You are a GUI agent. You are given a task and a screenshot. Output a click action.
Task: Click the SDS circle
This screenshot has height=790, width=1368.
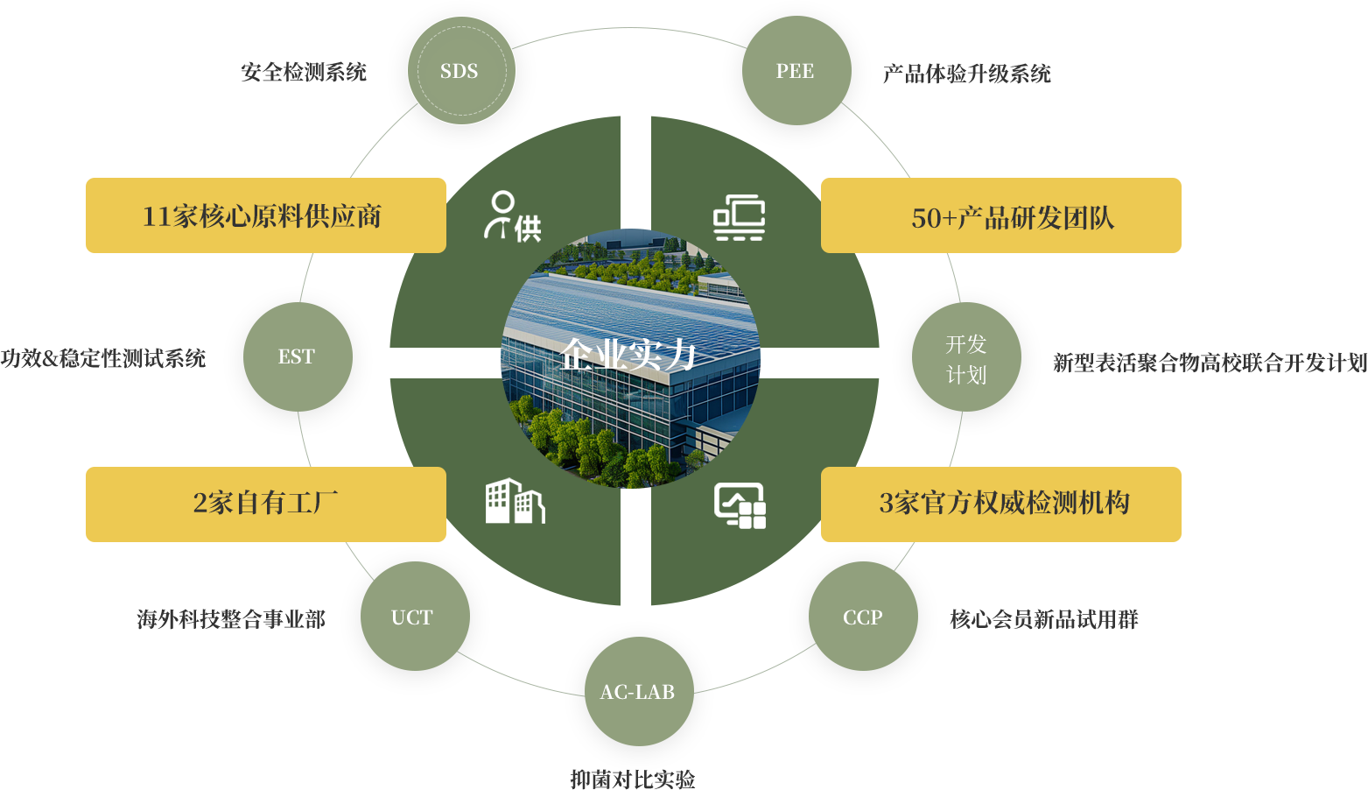pyautogui.click(x=461, y=71)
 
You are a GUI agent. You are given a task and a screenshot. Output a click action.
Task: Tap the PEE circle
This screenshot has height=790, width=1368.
pyautogui.click(x=796, y=71)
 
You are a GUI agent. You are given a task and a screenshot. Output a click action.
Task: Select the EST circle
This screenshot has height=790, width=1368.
pyautogui.click(x=298, y=356)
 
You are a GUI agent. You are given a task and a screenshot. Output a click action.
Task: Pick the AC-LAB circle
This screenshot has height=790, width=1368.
pyautogui.click(x=639, y=692)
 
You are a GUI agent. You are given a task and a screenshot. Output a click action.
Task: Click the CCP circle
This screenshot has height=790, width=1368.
pyautogui.click(x=863, y=617)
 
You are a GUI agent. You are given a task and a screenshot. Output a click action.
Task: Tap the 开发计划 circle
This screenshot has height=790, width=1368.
pyautogui.click(x=966, y=357)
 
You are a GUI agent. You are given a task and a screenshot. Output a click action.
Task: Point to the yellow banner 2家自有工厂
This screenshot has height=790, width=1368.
pyautogui.click(x=265, y=504)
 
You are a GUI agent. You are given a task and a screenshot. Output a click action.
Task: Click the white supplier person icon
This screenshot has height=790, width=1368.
pyautogui.click(x=512, y=216)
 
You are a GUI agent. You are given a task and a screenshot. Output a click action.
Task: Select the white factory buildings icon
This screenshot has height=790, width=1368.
pyautogui.click(x=515, y=502)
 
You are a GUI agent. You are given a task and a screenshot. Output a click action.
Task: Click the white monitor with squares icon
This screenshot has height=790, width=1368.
pyautogui.click(x=740, y=505)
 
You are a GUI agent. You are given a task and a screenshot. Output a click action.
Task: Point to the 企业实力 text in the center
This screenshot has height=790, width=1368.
pyautogui.click(x=629, y=355)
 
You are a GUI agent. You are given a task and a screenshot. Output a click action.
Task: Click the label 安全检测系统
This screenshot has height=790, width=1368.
pyautogui.click(x=304, y=72)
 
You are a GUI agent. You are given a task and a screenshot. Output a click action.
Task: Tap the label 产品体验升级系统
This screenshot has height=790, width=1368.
pyautogui.click(x=966, y=74)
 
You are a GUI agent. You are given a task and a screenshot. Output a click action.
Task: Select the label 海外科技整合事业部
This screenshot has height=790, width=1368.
pyautogui.click(x=231, y=619)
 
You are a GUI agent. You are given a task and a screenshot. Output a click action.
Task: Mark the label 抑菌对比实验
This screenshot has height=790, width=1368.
pyautogui.click(x=633, y=779)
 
